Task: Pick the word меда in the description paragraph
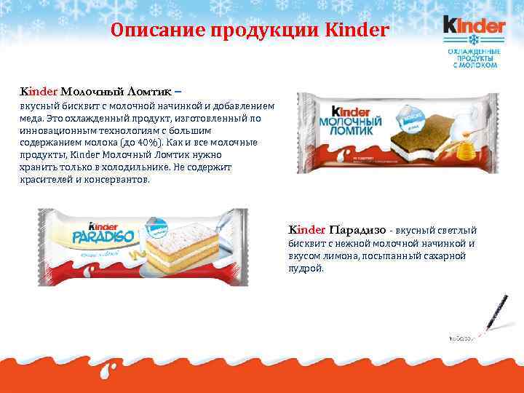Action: click(x=31, y=119)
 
